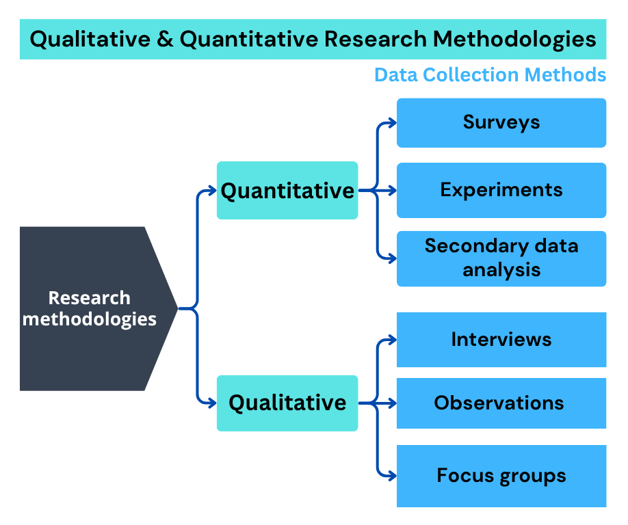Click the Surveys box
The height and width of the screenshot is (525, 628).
501,123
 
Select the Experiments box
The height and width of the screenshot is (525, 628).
501,190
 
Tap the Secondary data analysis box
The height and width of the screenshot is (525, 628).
501,258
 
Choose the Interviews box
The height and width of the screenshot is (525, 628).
501,340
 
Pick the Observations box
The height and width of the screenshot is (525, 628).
501,403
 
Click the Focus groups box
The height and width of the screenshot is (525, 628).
501,476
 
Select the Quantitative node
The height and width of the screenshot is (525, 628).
287,190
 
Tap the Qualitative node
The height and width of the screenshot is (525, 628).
287,403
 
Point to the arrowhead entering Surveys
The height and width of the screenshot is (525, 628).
392,123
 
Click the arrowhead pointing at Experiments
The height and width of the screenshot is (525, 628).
392,190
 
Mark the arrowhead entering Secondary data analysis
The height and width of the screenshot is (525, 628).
392,258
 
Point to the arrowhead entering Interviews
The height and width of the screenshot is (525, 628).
392,339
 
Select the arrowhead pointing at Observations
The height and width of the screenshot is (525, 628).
392,403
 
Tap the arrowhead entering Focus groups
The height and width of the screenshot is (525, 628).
392,475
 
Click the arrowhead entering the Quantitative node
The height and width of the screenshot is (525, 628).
212,191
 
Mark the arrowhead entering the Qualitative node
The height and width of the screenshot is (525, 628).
212,403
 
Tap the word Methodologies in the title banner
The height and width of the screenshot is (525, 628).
514,39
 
